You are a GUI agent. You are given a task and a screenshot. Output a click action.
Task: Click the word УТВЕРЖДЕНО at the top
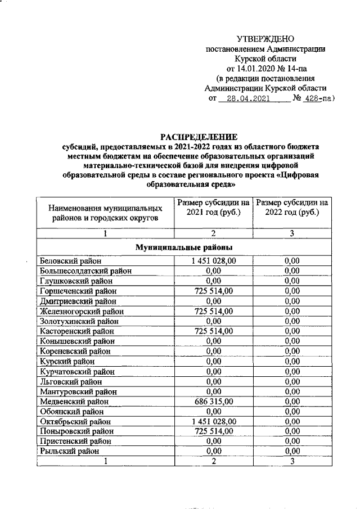click(x=265, y=39)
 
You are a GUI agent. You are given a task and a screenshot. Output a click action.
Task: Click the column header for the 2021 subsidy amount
click(x=213, y=208)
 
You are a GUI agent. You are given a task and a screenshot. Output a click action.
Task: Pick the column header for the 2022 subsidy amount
click(x=291, y=208)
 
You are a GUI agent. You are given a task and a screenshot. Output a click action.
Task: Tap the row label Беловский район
click(x=71, y=260)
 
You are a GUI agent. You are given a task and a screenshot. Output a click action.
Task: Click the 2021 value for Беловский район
click(x=213, y=260)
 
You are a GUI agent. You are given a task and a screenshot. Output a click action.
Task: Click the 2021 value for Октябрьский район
click(x=213, y=421)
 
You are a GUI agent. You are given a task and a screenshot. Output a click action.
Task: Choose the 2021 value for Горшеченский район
click(x=213, y=291)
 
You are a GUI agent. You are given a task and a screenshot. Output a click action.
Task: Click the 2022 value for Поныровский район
click(x=291, y=431)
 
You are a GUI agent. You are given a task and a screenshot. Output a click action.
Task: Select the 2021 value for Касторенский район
click(x=213, y=331)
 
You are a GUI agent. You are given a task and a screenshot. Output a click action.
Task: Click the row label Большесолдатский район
click(x=85, y=271)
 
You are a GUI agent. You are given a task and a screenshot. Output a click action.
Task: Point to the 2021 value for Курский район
click(x=213, y=361)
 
